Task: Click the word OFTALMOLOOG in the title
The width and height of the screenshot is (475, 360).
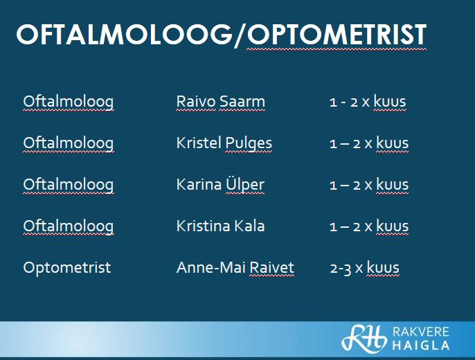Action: pyautogui.click(x=125, y=35)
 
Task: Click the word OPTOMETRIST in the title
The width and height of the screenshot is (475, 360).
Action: pyautogui.click(x=337, y=35)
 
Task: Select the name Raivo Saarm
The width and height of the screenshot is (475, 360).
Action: pyautogui.click(x=220, y=102)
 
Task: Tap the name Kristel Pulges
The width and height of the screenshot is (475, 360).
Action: pyautogui.click(x=224, y=143)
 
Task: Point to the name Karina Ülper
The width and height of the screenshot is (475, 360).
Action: pyautogui.click(x=220, y=184)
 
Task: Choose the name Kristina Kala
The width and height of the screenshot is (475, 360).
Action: pyautogui.click(x=220, y=226)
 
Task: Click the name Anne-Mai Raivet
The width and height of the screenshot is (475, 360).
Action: pyautogui.click(x=235, y=267)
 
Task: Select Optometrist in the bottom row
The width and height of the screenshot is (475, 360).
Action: pyautogui.click(x=67, y=268)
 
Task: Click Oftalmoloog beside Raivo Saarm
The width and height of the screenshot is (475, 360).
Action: pyautogui.click(x=69, y=102)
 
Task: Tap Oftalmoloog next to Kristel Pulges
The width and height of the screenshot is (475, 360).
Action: pyautogui.click(x=69, y=143)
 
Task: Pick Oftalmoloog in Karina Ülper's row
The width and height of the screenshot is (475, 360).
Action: pyautogui.click(x=69, y=185)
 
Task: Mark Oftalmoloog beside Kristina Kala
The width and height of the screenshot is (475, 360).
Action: pyautogui.click(x=69, y=226)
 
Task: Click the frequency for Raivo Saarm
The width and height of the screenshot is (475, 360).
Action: pyautogui.click(x=368, y=102)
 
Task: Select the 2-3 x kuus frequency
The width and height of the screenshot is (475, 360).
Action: pyautogui.click(x=365, y=268)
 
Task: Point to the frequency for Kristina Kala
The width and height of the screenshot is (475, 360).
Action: pyautogui.click(x=369, y=226)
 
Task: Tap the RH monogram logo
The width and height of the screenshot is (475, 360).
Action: pyautogui.click(x=364, y=339)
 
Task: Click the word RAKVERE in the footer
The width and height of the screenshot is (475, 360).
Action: pyautogui.click(x=421, y=332)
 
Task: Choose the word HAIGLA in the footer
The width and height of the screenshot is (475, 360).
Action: pyautogui.click(x=421, y=345)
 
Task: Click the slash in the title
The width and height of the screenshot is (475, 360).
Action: pyautogui.click(x=240, y=35)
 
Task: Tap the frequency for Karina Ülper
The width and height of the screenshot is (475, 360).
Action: pyautogui.click(x=369, y=185)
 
